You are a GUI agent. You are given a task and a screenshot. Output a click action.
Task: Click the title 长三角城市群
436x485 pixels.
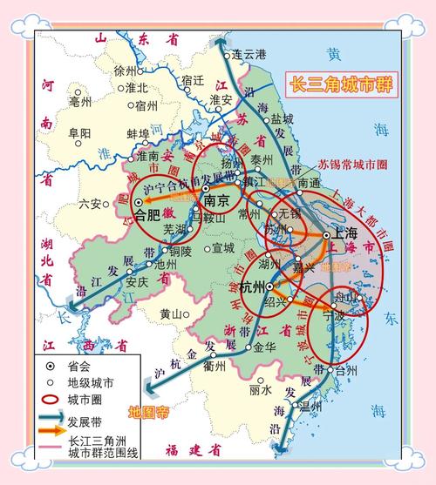pyautogui.click(x=340, y=84)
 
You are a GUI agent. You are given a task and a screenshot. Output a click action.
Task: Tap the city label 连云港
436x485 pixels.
pyautogui.click(x=248, y=54)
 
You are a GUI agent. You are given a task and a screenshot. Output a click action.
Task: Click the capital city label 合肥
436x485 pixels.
pyautogui.click(x=146, y=212)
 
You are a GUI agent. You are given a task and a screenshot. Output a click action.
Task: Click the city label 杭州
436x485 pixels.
pyautogui.click(x=253, y=286)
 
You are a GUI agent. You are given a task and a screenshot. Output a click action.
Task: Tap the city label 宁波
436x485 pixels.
pyautogui.click(x=334, y=317)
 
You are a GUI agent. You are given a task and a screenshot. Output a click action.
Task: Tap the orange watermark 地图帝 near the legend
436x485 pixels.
pyautogui.click(x=147, y=411)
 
